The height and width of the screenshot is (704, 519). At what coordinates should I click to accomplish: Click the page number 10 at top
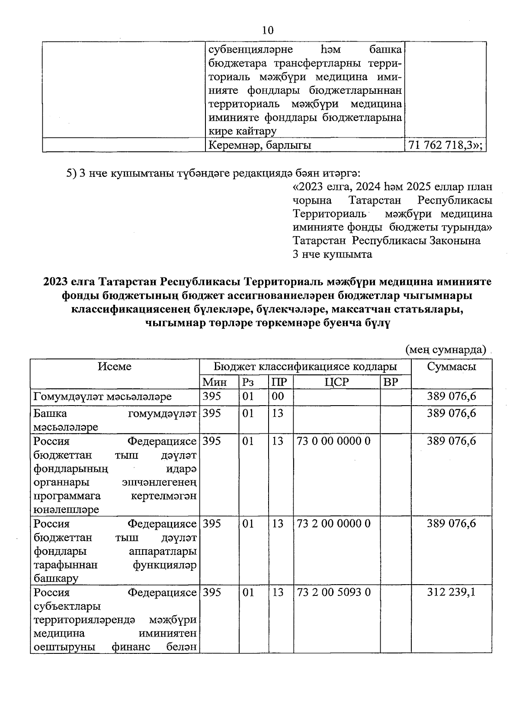coord(268,30)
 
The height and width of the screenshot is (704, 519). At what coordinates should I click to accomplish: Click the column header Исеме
coord(115,367)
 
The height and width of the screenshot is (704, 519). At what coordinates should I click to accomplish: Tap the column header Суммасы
coord(452,367)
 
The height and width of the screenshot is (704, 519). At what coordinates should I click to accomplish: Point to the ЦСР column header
coord(336,381)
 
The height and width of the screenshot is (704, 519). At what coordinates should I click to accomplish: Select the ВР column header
coord(391,381)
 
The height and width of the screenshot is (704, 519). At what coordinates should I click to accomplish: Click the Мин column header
coord(215,381)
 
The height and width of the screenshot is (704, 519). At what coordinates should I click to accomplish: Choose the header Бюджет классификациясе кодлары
coord(305,367)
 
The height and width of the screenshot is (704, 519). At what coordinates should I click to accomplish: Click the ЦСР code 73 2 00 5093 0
coord(333,592)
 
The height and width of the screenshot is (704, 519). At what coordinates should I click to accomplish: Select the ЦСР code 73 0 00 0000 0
coord(333,441)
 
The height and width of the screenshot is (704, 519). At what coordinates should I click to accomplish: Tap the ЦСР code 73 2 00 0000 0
coord(333,524)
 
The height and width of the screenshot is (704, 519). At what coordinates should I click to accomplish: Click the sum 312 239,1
coord(451,592)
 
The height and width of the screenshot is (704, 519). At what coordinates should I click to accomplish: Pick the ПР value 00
coord(278,397)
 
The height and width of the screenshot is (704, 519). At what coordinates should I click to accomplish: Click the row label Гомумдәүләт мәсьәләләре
coord(103,397)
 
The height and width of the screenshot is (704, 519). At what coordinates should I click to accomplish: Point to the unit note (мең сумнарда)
coord(445,349)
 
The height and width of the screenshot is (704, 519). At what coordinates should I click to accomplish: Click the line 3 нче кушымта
coord(332,254)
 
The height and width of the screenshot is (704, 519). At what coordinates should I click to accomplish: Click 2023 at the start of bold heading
coord(56,282)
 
